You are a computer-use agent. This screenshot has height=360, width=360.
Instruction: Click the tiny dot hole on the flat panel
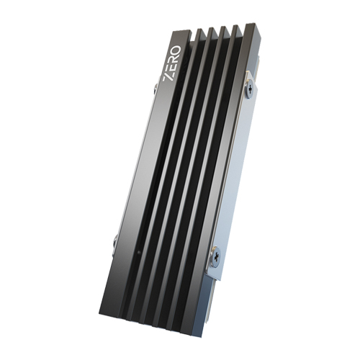click(138, 253)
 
